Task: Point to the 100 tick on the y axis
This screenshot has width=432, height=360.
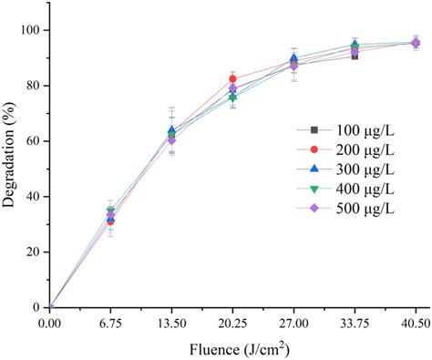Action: click(29, 30)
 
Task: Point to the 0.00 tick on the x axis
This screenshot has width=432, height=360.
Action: click(50, 322)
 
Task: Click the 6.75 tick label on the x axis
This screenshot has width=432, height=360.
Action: click(110, 322)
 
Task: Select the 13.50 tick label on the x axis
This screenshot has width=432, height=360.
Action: click(171, 322)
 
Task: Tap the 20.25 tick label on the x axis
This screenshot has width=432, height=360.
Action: click(232, 322)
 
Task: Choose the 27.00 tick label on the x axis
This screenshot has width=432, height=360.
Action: click(293, 322)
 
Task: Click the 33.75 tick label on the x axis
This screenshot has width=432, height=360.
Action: click(355, 322)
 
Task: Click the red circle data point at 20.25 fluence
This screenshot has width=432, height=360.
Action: click(232, 79)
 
